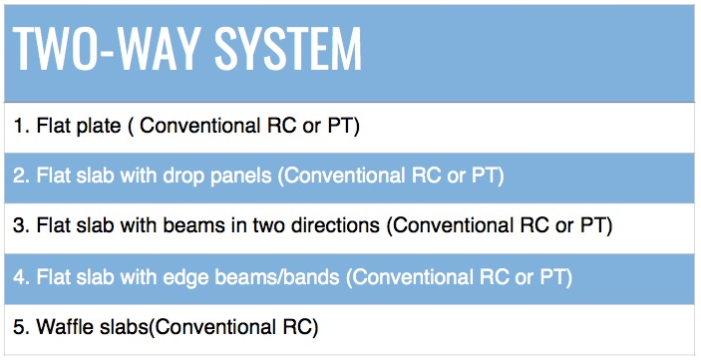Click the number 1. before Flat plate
click(21, 127)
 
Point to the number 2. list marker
click(21, 177)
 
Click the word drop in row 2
click(188, 177)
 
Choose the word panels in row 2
click(243, 177)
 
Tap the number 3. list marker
click(21, 225)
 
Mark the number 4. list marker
click(21, 275)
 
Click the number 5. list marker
click(21, 325)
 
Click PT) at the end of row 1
click(344, 127)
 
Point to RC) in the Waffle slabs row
click(298, 325)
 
